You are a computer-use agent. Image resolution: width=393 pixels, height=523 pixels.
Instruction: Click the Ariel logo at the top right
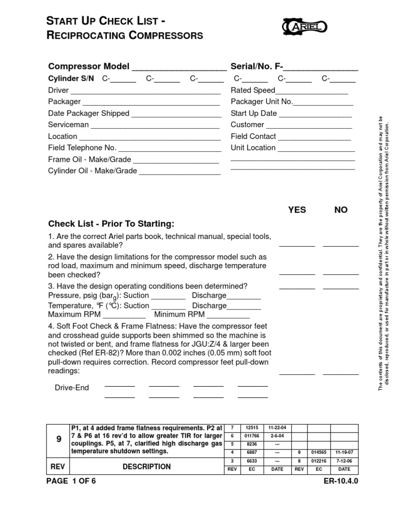[304, 26]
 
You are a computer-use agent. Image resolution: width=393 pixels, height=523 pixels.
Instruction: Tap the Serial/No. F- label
[257, 66]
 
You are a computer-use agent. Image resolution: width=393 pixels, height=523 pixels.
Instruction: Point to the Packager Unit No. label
[261, 102]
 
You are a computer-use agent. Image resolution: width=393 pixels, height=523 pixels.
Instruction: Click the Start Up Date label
[254, 113]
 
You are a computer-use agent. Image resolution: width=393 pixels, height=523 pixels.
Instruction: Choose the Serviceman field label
[68, 125]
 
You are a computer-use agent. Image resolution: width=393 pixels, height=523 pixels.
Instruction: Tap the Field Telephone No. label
[82, 148]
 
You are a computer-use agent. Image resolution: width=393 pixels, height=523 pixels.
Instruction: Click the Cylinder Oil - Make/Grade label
[93, 171]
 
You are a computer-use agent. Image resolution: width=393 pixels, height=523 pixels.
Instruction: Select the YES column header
[297, 210]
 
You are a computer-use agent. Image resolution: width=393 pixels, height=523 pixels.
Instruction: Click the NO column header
[341, 210]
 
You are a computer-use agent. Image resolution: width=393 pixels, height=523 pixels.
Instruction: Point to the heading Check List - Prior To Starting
[111, 224]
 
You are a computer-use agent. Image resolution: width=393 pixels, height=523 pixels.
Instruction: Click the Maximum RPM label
[72, 314]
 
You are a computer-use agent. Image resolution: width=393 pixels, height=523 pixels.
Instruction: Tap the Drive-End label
[72, 388]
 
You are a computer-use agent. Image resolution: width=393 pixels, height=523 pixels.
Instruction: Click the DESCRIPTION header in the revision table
[146, 466]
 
